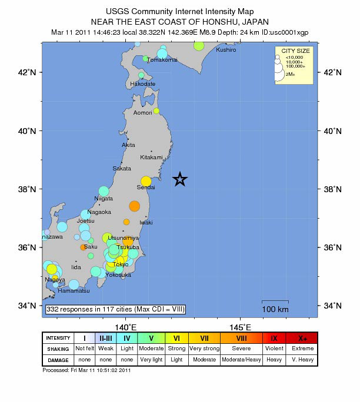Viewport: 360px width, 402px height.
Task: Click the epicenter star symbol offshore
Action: (180, 179)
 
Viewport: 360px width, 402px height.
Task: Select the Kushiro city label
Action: (226, 50)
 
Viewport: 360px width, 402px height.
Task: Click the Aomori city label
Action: (142, 112)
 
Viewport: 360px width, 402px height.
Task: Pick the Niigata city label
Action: (104, 199)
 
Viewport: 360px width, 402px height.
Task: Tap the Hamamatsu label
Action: (74, 291)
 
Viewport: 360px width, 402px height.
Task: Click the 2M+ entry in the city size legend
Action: (289, 74)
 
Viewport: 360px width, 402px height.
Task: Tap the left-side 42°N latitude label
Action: (28, 72)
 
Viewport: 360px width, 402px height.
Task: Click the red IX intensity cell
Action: (274, 338)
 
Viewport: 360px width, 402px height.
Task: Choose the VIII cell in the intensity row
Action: (241, 338)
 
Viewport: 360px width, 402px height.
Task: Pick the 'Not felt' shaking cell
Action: (85, 349)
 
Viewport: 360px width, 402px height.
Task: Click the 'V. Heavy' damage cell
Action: (302, 360)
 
